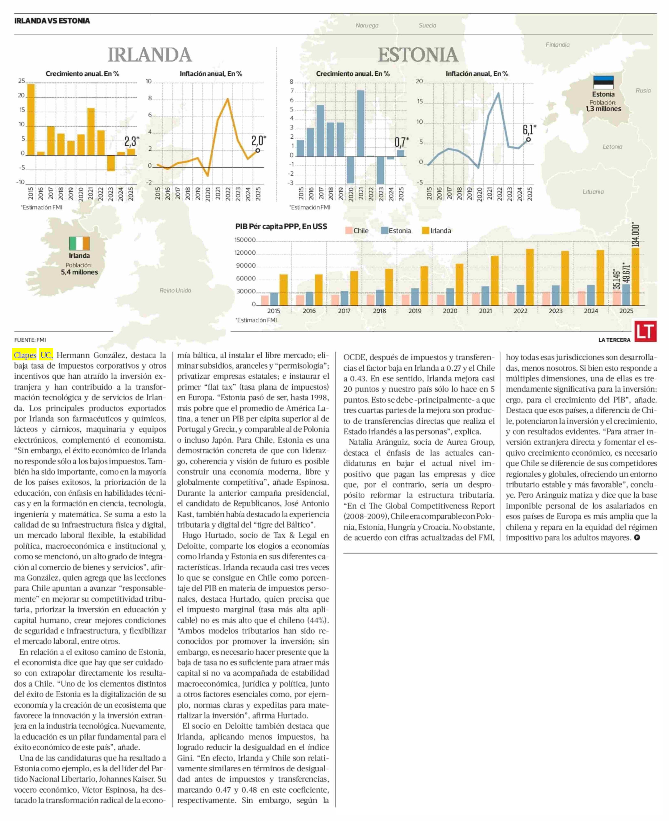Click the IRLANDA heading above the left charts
coord(150,55)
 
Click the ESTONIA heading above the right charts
coord(418,55)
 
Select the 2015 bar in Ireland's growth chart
coord(31,119)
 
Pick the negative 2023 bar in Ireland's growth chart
coord(111,163)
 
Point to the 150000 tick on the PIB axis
coord(245,240)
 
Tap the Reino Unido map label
coord(175,290)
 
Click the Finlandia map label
coord(557,45)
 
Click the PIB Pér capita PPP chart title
coord(281,227)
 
